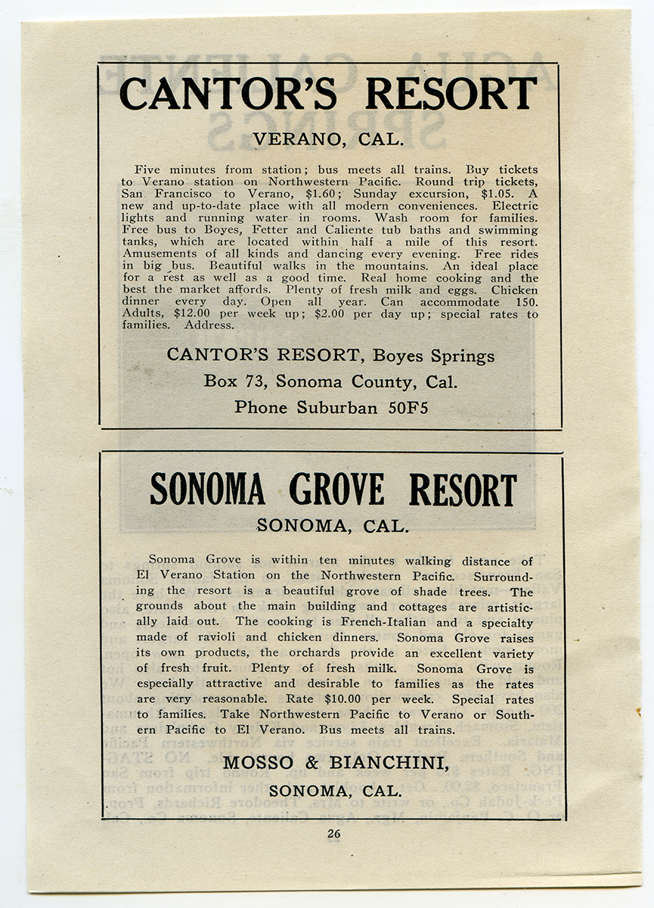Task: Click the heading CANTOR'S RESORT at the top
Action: pos(327,94)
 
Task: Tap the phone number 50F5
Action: pos(408,408)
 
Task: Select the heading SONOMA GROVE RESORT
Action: pos(333,490)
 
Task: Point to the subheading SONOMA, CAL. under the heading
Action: pos(333,526)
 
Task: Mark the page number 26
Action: pos(334,834)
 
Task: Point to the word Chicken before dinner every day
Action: pos(514,290)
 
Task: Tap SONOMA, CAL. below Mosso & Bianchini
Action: pos(334,791)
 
